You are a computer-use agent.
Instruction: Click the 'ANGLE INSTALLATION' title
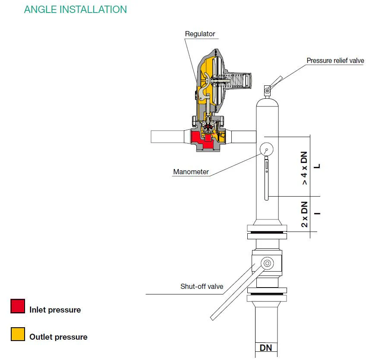pyautogui.click(x=75, y=9)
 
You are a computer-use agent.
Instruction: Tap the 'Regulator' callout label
pyautogui.click(x=200, y=34)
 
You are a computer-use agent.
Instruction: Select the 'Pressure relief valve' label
pyautogui.click(x=335, y=61)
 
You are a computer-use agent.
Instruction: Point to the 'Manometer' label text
pyautogui.click(x=191, y=172)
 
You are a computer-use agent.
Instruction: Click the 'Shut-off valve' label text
pyautogui.click(x=202, y=286)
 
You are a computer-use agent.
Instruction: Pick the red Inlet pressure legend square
pyautogui.click(x=18, y=306)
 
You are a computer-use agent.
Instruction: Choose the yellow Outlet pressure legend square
pyautogui.click(x=18, y=334)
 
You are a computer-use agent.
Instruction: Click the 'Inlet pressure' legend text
pyautogui.click(x=55, y=310)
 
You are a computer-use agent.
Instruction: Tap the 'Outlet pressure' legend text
pyautogui.click(x=58, y=337)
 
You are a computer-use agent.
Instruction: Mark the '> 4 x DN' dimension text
pyautogui.click(x=304, y=168)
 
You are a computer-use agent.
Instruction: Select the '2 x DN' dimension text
pyautogui.click(x=304, y=214)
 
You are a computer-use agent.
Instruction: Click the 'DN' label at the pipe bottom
pyautogui.click(x=266, y=348)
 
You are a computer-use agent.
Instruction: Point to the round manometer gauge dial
pyautogui.click(x=267, y=149)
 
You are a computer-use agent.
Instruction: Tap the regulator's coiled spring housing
pyautogui.click(x=238, y=81)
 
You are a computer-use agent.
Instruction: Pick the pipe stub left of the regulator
pyautogui.click(x=167, y=137)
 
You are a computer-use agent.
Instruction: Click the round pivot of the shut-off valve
pyautogui.click(x=267, y=263)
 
